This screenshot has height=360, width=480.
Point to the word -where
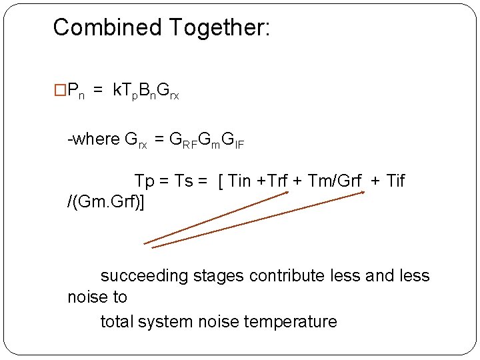pyautogui.click(x=94, y=139)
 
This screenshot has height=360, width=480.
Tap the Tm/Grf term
pyautogui.click(x=335, y=181)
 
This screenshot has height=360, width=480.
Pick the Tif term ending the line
pyautogui.click(x=395, y=181)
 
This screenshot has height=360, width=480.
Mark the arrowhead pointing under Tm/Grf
pyautogui.click(x=286, y=193)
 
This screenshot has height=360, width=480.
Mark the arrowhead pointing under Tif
pyautogui.click(x=363, y=193)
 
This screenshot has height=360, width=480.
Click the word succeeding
pyautogui.click(x=145, y=276)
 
